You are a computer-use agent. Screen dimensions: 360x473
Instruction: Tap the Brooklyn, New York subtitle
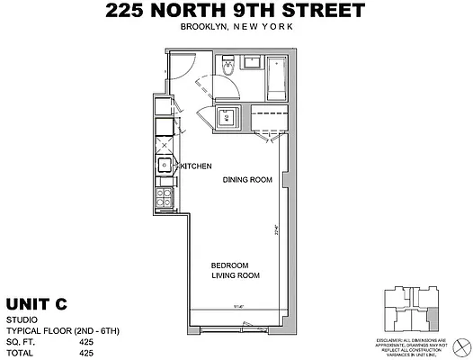coord(236,29)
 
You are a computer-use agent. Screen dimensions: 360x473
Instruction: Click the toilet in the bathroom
coord(228,67)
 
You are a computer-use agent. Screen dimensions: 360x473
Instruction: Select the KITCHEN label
coord(196,167)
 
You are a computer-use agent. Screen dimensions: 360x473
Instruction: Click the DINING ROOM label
coord(247,180)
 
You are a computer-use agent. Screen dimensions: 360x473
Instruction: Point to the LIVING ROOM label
coord(236,276)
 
